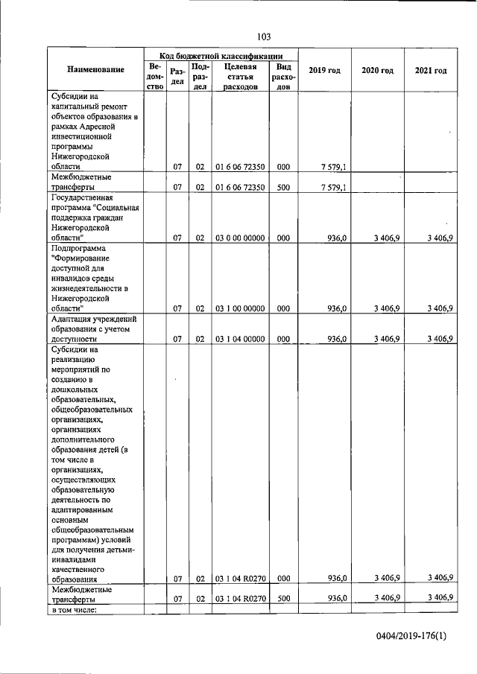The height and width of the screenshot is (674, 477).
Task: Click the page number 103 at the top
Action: [263, 36]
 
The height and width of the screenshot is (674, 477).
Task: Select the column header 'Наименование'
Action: [95, 70]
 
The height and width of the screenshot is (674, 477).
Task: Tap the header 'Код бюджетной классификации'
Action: [220, 55]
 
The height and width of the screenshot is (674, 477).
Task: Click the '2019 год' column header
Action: [324, 70]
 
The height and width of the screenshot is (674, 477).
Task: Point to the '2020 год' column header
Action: [377, 70]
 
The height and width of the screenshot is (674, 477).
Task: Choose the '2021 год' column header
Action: [431, 70]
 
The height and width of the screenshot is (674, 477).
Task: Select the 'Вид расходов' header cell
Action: [283, 76]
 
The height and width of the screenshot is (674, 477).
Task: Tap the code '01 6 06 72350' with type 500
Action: [240, 188]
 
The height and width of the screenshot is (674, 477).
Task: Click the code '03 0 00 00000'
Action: [240, 238]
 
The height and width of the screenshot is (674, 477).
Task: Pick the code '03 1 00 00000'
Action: [240, 308]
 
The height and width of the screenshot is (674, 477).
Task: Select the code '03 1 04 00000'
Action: [240, 339]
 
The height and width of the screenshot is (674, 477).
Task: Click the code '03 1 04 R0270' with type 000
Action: [240, 578]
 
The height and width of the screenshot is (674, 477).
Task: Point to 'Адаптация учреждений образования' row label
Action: [95, 328]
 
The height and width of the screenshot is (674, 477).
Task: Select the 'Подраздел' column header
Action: [200, 76]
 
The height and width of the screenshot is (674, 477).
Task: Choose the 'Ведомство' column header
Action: [155, 76]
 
